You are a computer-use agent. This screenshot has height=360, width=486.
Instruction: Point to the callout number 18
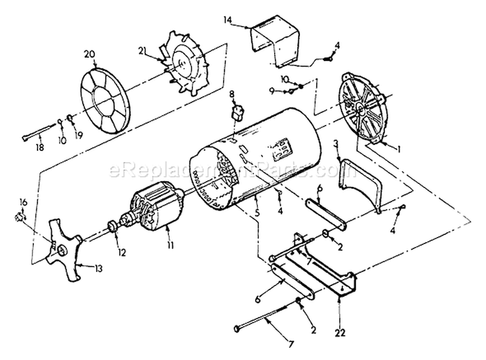[x=41, y=148]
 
